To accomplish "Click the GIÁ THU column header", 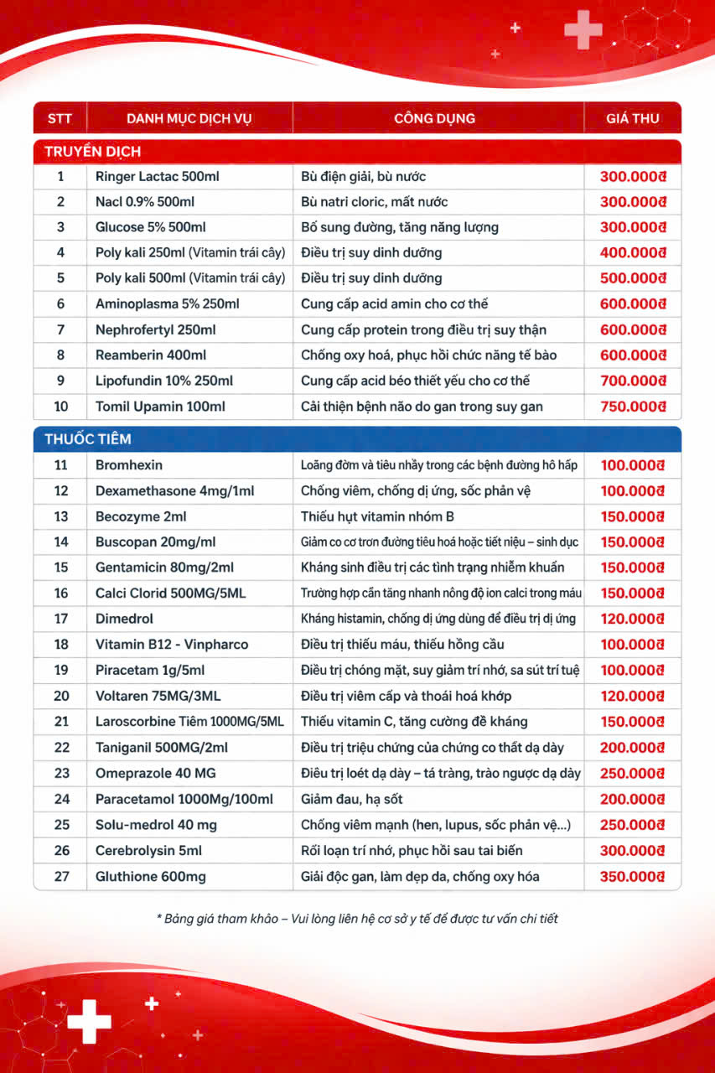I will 633,118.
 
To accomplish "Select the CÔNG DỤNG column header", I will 434,118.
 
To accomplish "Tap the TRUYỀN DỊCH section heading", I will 87,152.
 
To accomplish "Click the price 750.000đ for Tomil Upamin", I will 633,407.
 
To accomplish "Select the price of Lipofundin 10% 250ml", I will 633,381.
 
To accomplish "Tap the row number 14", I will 60,542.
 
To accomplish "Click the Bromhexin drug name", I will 129,465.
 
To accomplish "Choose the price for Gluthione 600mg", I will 633,877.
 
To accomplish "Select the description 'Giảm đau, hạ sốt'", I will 352,800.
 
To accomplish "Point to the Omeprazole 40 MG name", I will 155,774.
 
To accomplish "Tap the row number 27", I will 60,877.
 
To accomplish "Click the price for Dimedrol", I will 633,619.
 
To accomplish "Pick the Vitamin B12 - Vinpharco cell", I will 172,645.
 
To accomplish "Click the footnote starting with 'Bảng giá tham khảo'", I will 357,919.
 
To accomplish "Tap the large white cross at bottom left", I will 89,1021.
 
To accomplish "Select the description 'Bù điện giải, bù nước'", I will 364,177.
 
